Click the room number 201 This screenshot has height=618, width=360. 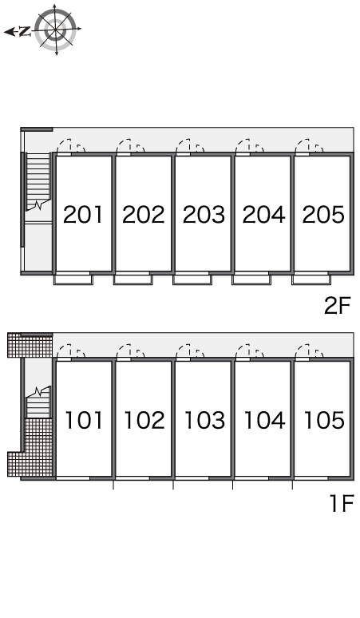click(x=83, y=215)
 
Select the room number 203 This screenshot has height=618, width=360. click(x=204, y=215)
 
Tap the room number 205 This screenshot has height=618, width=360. click(x=323, y=215)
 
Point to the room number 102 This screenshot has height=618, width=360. click(x=144, y=420)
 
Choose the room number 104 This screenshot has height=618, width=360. click(x=265, y=420)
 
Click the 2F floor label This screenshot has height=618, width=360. click(x=337, y=306)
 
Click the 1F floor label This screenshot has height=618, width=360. click(x=341, y=503)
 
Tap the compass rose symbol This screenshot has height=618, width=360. click(x=55, y=30)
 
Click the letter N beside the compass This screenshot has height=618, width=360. click(x=25, y=31)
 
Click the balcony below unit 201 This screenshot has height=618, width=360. click(x=73, y=279)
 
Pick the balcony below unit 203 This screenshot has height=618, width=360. click(x=192, y=279)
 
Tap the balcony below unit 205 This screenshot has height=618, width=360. click(x=311, y=279)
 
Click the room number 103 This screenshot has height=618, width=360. click(x=205, y=420)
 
